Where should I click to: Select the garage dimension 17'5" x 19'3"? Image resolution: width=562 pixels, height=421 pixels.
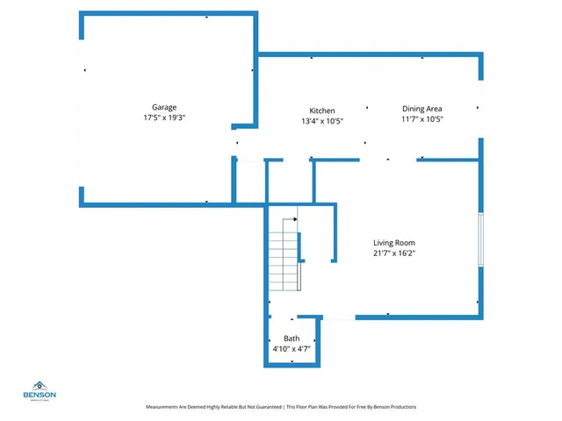165,118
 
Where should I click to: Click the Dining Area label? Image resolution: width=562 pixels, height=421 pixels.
422,110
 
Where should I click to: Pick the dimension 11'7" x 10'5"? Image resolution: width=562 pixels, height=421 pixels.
422,119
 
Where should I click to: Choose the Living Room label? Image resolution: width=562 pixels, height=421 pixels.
393,243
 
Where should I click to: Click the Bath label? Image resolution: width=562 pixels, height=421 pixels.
292,339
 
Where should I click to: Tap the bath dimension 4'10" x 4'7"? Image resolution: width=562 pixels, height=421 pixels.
292,348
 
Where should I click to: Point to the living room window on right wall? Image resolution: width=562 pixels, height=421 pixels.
479,239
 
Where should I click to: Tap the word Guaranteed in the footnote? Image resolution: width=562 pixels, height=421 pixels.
266,407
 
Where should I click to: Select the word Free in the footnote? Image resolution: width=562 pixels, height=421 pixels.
355,407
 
